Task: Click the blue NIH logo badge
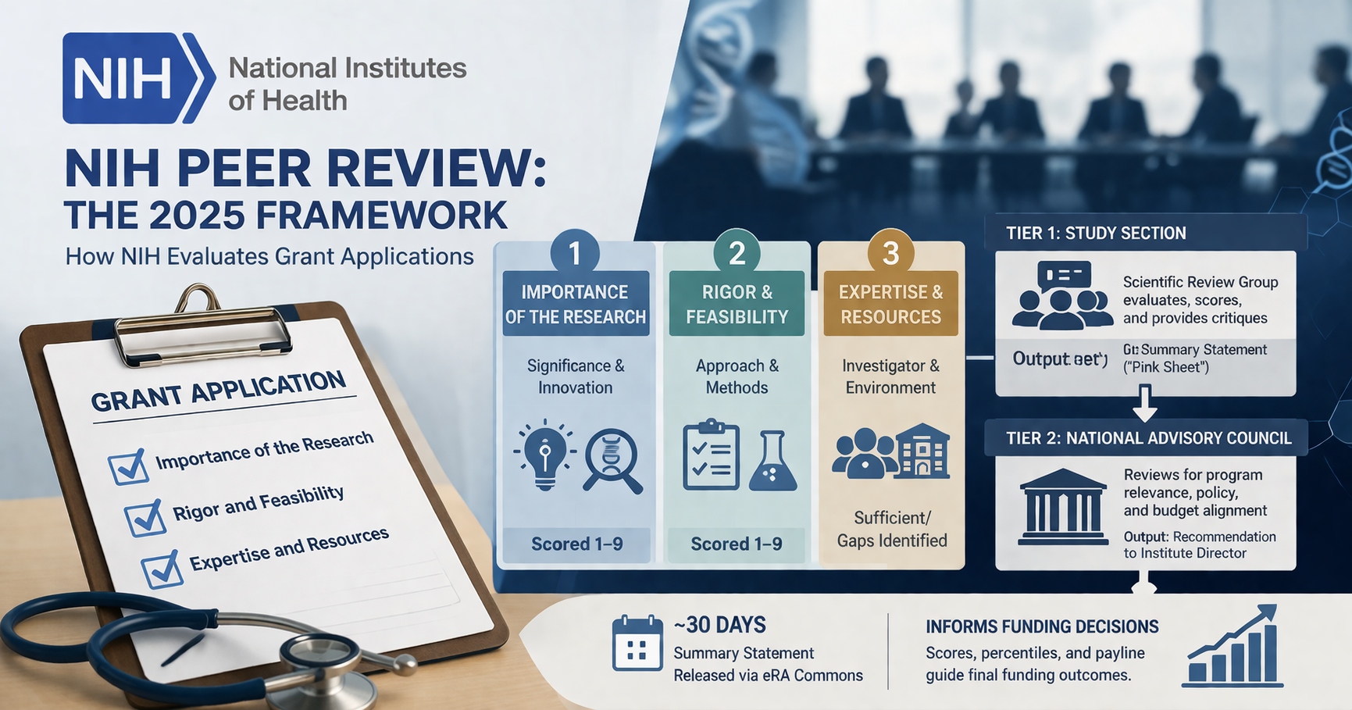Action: tap(137, 78)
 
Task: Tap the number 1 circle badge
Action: tap(575, 253)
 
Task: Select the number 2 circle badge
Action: tap(737, 253)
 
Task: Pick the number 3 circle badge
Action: tap(890, 253)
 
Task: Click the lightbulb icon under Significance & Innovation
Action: tap(544, 455)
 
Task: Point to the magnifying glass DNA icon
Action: tap(612, 460)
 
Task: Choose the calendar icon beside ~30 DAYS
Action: tap(637, 643)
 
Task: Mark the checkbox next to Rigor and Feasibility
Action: tap(145, 517)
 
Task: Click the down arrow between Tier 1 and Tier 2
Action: tap(1144, 402)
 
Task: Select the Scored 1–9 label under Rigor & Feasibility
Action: tap(736, 544)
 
